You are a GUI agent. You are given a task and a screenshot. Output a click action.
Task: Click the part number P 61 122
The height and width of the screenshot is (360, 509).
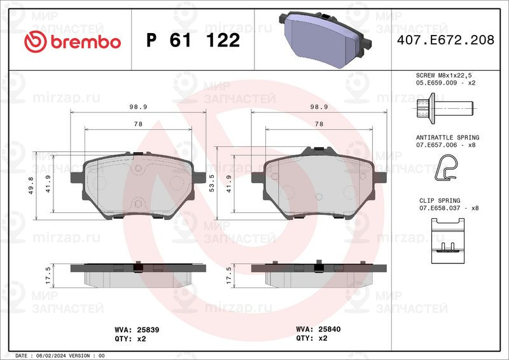point(193,40)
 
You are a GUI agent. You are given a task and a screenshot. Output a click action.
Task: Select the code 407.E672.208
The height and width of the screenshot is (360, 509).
point(445,40)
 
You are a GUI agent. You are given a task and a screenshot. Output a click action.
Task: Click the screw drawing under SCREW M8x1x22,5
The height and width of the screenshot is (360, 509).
point(445,108)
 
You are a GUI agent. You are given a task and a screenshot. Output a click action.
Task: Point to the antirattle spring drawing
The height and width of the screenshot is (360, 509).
point(446,167)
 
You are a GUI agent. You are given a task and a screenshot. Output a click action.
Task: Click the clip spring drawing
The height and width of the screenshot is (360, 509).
point(448,240)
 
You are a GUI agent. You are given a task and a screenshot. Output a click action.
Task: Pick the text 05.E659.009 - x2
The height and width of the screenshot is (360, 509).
point(445,83)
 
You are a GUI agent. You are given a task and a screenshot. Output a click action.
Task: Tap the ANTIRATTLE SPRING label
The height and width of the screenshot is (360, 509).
point(447,137)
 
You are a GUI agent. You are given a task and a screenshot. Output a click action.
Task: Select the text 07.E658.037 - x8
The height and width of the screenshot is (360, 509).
point(449,208)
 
